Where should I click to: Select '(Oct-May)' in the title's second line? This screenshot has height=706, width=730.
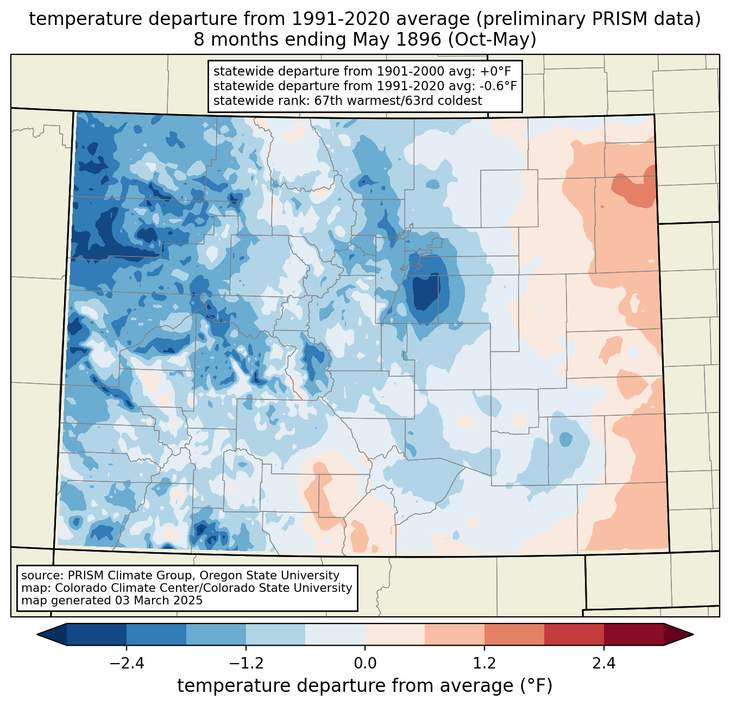coord(492,40)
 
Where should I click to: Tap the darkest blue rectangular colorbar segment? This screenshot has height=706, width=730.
coord(97,634)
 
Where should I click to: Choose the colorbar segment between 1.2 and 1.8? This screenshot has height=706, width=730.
coord(514,634)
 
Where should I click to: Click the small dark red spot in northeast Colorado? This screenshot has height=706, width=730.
coord(602,207)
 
